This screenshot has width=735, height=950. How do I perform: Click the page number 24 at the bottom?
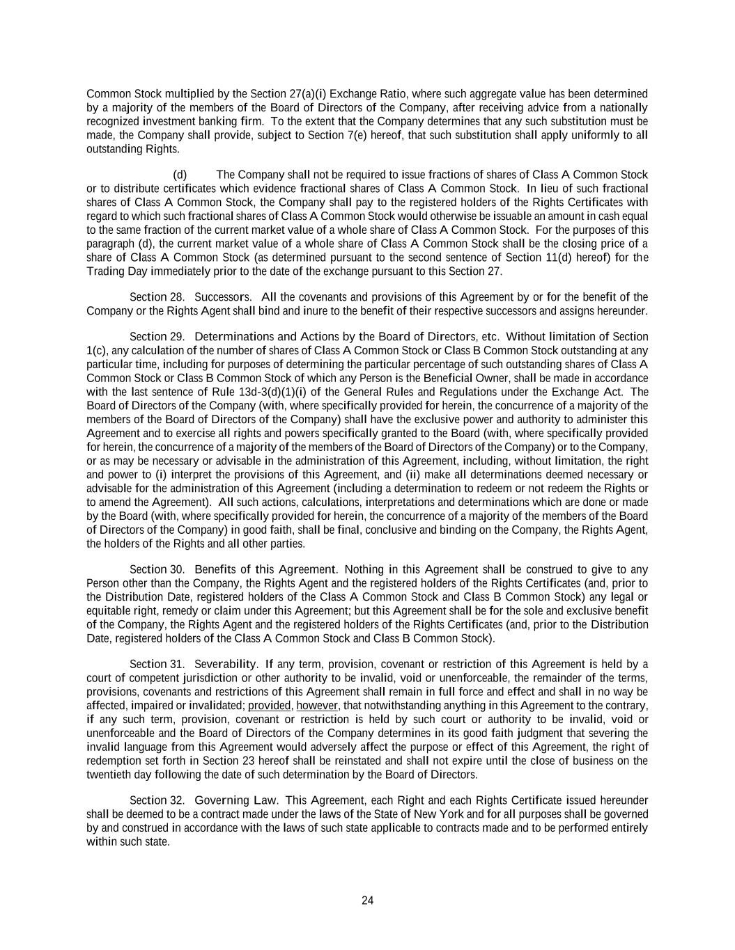368,901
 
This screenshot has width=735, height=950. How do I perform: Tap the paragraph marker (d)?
180,175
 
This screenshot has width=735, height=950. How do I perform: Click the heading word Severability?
226,664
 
